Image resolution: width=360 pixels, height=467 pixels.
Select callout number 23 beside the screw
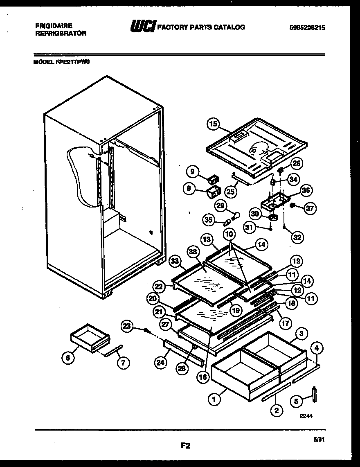point(127,326)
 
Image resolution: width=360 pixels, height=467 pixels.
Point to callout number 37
point(310,208)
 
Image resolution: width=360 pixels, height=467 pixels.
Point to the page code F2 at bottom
point(185,446)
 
